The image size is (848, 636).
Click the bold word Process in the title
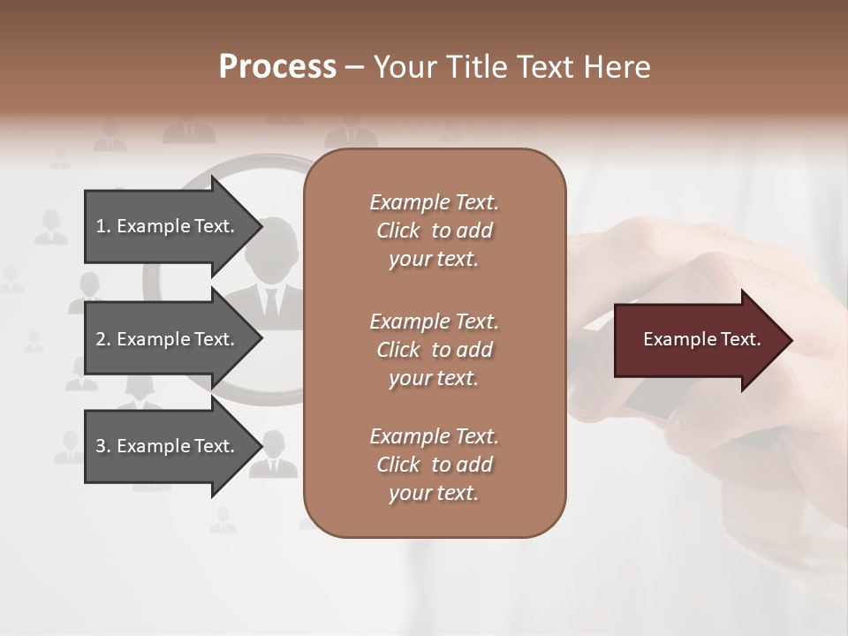[x=277, y=67]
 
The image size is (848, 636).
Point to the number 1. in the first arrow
[x=103, y=226]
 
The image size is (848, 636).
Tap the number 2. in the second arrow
[x=103, y=339]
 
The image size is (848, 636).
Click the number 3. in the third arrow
[x=103, y=446]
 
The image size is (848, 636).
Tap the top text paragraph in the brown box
[x=434, y=231]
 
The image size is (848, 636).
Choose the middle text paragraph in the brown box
[x=434, y=349]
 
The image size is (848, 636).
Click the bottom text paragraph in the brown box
[x=434, y=465]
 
